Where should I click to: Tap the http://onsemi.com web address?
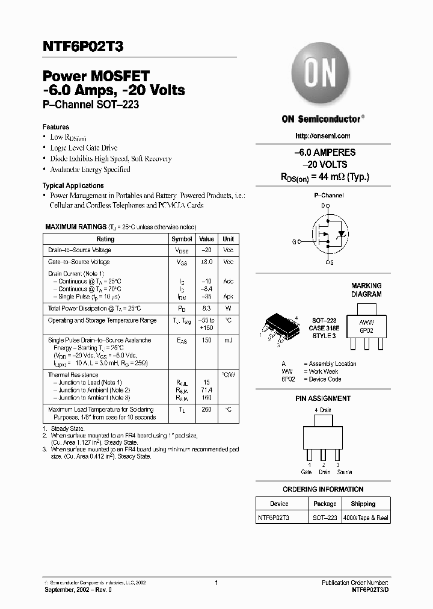pos(323,136)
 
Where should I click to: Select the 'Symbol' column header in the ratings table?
pos(182,239)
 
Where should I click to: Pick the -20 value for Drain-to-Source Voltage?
pos(206,250)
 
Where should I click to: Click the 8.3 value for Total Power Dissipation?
pos(206,308)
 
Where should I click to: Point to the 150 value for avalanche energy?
pos(206,341)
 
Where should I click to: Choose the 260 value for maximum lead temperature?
pos(206,410)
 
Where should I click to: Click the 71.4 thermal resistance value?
pos(206,390)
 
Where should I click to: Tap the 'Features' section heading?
pos(55,127)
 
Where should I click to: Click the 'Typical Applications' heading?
pos(73,185)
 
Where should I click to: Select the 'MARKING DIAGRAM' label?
pos(366,290)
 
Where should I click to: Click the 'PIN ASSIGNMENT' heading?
pos(323,398)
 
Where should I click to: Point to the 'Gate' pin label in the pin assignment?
pos(307,472)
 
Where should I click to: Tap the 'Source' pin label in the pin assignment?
pos(344,472)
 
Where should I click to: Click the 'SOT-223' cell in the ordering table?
pos(325,518)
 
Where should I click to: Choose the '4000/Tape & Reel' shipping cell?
pos(366,518)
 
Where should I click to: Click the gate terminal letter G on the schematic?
pos(295,242)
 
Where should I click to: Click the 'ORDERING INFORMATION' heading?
pos(323,489)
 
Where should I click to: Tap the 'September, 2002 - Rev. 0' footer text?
pos(78,590)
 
